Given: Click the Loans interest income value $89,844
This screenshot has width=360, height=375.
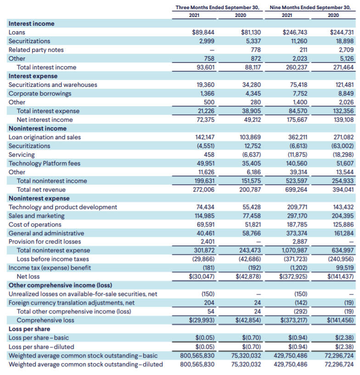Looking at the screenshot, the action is (203, 32).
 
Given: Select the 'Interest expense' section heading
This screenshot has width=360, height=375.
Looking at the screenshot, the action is (33, 76).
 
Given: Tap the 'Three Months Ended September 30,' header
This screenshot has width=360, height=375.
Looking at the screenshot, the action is (217, 7).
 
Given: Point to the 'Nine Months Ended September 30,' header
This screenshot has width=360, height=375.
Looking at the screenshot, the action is (310, 7).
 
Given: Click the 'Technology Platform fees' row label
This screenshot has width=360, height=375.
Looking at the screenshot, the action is (45, 163).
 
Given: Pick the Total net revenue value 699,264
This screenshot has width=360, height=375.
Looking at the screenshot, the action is (296, 190).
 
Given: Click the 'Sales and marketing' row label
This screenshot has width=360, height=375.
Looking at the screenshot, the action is (37, 216).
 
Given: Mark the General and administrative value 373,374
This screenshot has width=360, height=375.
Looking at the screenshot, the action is (297, 233).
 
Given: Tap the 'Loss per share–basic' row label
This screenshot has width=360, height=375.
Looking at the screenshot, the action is (39, 338).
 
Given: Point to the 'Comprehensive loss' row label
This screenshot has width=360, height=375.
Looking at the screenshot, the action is (45, 320).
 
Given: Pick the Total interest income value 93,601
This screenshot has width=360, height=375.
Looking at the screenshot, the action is (205, 67).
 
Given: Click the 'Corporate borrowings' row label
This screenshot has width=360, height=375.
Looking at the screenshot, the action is (40, 93).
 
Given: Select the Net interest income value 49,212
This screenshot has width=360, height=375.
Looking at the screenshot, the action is (252, 119).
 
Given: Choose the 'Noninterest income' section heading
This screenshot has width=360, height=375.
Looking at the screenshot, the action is (38, 128).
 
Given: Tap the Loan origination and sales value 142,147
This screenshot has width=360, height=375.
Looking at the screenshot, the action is (205, 137).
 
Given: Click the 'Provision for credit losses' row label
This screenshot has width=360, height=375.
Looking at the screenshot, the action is (45, 242).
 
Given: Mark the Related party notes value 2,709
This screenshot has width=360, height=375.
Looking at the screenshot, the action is (346, 50).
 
